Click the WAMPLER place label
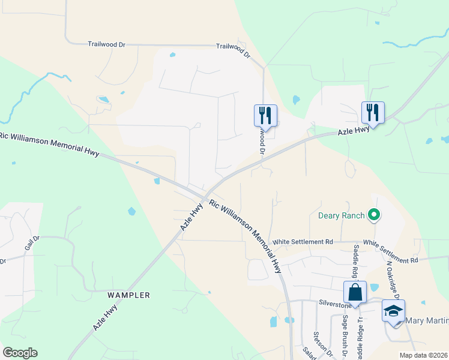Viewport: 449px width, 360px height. (128, 295)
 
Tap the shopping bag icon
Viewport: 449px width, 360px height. (355, 293)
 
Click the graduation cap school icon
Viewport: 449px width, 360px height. (393, 311)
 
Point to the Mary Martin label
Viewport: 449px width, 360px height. (427, 321)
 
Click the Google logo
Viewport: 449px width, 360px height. (20, 353)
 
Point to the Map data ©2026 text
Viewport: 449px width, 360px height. (424, 355)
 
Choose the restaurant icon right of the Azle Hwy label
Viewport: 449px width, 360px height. (373, 112)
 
